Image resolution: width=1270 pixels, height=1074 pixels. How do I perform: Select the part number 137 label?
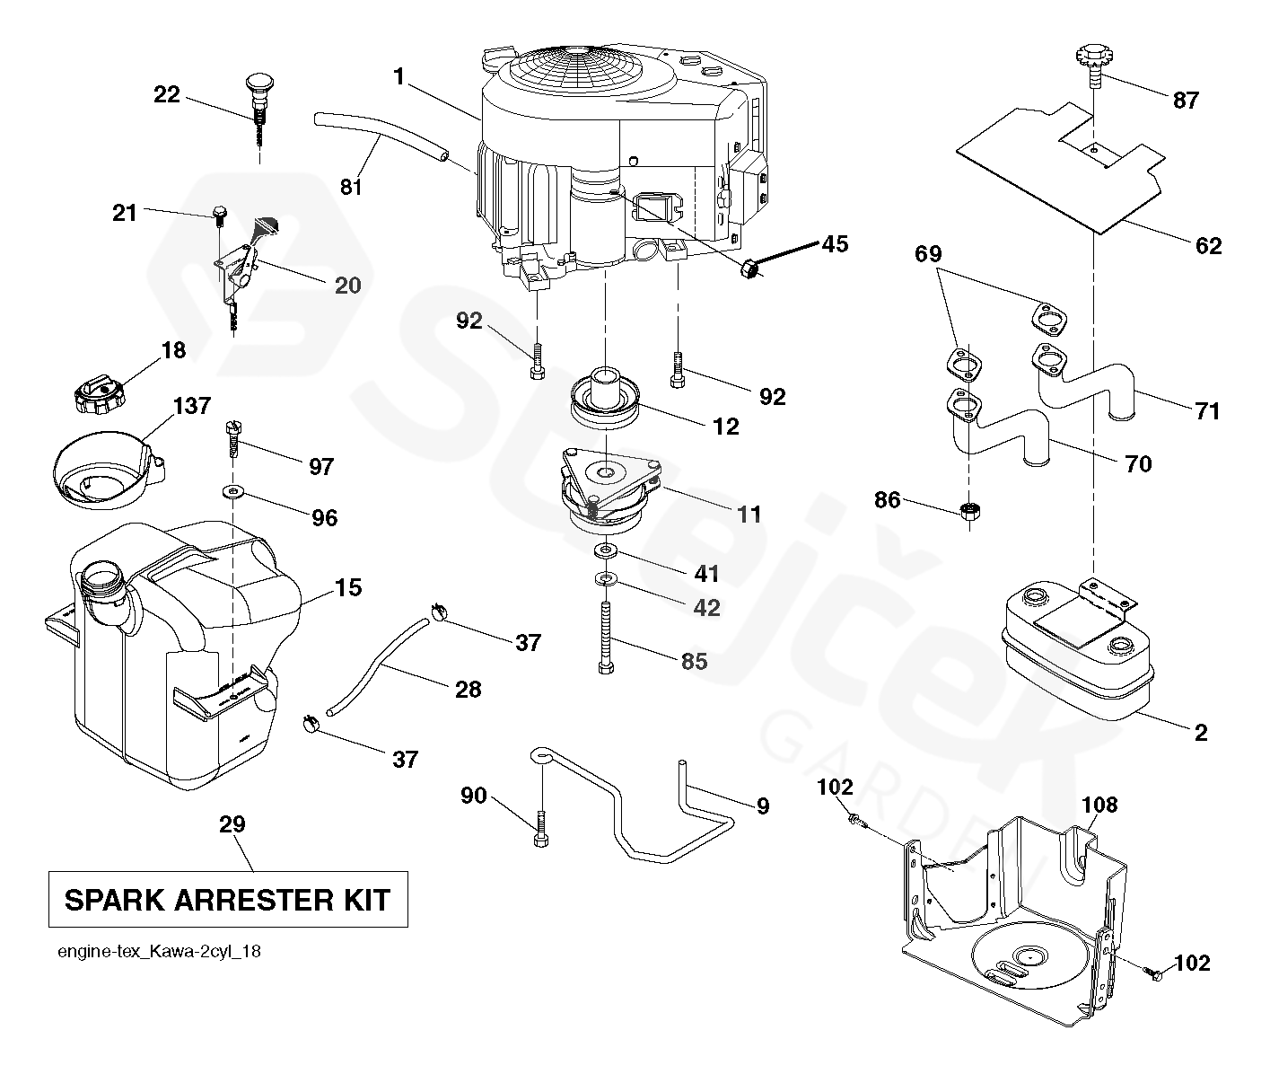pos(192,406)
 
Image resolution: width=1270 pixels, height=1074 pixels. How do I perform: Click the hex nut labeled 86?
pos(969,510)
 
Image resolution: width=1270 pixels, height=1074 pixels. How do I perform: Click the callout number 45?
pos(835,244)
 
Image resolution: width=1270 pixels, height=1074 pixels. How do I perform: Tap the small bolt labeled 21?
pos(220,214)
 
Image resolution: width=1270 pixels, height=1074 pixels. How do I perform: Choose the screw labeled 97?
pos(233,439)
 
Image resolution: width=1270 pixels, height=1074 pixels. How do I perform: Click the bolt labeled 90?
pos(540,830)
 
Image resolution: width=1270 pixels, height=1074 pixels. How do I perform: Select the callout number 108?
pos(1099,804)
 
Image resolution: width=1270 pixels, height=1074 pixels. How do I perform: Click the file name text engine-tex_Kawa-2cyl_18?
pos(159,952)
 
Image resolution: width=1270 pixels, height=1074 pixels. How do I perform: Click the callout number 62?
pos(1208,246)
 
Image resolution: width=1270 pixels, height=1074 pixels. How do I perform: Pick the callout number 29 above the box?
pos(232,823)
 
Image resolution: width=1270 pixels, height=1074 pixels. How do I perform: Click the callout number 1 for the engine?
pos(399,77)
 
